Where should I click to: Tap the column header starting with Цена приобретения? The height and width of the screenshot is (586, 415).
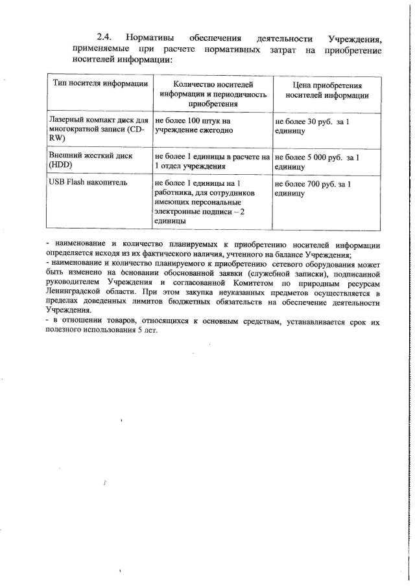coord(327,90)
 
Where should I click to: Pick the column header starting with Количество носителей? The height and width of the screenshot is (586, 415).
coord(213,94)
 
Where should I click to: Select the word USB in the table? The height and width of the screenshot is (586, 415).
coord(58,184)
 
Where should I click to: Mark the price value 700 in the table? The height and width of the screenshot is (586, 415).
coord(316,184)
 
